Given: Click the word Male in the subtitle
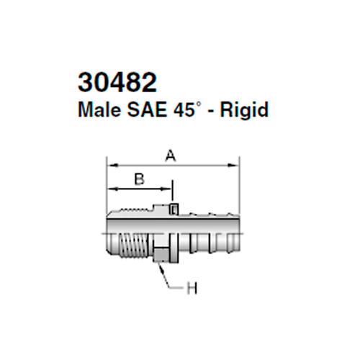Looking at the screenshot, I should tap(96, 111).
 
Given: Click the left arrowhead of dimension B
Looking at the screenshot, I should tap(111, 190).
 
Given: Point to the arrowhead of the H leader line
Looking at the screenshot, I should tap(162, 264).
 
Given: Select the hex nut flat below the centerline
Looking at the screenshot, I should tap(162, 253).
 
